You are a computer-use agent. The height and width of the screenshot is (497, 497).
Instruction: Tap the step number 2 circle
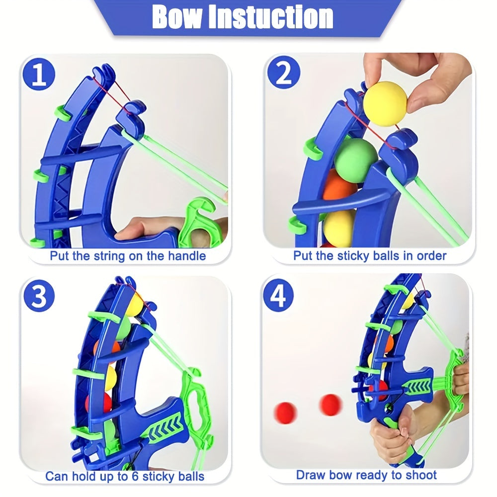(x=283, y=75)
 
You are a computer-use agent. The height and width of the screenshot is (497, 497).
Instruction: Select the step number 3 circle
(x=38, y=297)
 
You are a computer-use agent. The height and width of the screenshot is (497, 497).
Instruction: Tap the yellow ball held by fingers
(x=385, y=103)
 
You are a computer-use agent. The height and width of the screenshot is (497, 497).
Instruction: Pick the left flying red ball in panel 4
(x=286, y=413)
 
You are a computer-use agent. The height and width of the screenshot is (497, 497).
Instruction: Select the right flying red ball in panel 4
(x=331, y=404)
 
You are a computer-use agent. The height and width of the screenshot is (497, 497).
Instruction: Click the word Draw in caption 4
(x=311, y=475)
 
